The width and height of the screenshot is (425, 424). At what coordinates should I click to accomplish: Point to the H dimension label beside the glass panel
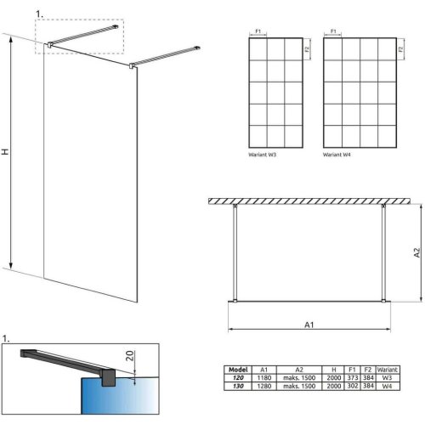(x=6, y=150)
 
